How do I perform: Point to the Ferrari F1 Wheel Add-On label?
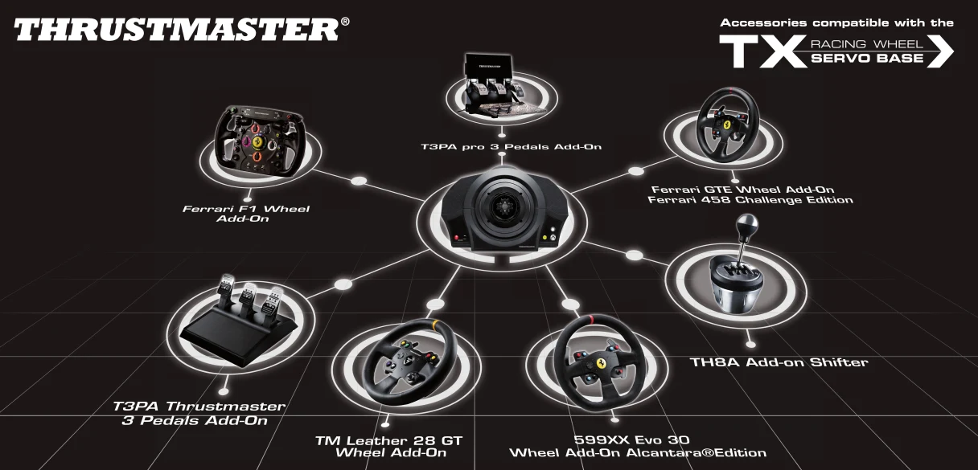coord(245,214)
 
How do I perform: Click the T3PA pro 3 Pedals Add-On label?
coord(512,147)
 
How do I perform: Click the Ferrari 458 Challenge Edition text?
coord(750,200)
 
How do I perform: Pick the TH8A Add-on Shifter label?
coord(779,362)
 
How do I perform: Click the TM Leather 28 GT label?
coord(389,440)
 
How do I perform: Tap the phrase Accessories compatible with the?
coord(836,22)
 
